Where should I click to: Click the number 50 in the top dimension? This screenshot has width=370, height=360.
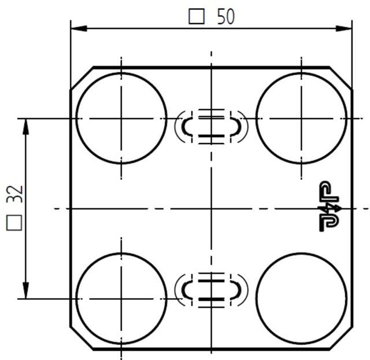tap(226, 17)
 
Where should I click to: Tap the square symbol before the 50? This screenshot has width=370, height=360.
tap(197, 17)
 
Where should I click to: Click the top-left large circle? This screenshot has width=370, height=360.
tap(121, 118)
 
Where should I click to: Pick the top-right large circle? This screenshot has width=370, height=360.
tap(301, 118)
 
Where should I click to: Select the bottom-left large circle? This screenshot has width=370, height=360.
tap(121, 298)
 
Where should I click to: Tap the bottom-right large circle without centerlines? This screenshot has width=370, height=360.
tap(301, 298)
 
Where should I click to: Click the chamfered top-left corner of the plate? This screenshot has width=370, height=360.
tap(82, 79)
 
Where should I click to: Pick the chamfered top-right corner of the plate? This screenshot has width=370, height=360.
tap(341, 79)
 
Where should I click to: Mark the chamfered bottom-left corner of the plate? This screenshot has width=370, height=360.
tap(82, 338)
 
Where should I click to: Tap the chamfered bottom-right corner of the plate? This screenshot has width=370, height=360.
tap(341, 338)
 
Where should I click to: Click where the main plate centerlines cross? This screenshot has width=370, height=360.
tap(212, 208)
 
